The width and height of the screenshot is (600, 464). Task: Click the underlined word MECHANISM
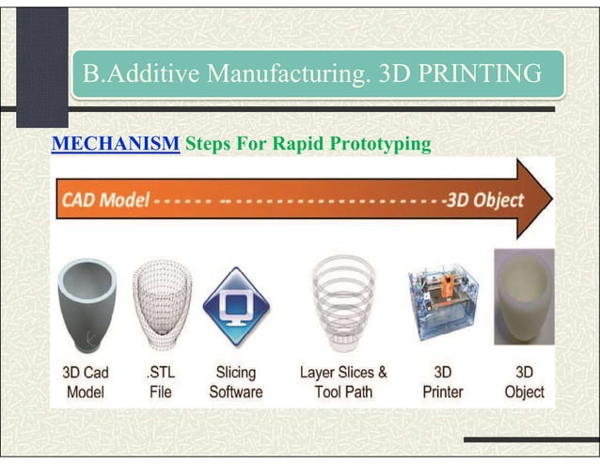(x=115, y=146)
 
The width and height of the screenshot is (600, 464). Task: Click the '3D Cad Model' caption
(x=89, y=381)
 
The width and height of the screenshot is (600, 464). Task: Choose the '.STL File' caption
(x=161, y=381)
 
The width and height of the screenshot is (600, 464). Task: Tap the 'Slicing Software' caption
(x=236, y=381)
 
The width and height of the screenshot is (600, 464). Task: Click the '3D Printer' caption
(x=442, y=381)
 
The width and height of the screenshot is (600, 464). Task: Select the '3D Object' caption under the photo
(x=524, y=381)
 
